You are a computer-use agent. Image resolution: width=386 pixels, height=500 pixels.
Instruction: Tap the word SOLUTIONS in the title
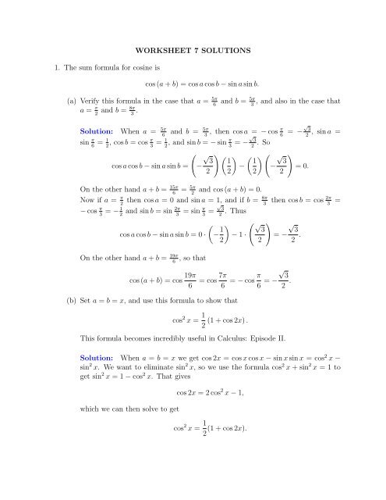224,52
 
